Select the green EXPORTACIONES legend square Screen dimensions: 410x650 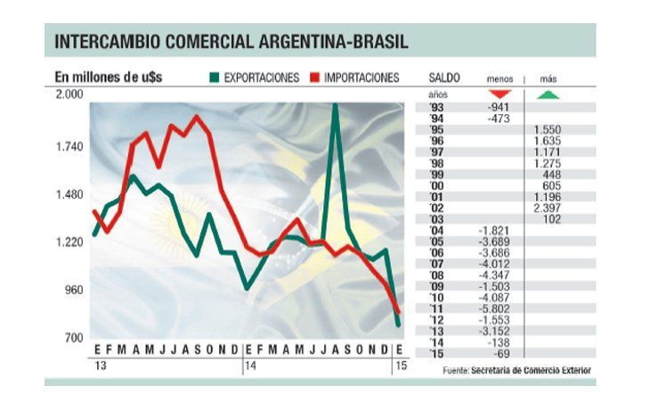click(214, 78)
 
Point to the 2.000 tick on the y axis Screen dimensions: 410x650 click(69, 94)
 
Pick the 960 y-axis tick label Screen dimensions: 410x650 click(73, 291)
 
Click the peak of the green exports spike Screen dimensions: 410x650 click(335, 105)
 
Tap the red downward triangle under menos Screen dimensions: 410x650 click(500, 94)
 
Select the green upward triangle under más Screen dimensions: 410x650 click(548, 94)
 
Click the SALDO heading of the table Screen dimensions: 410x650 click(444, 78)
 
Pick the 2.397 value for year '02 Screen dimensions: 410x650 click(548, 208)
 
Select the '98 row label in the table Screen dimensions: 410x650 click(435, 163)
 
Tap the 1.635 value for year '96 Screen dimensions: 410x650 click(548, 141)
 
